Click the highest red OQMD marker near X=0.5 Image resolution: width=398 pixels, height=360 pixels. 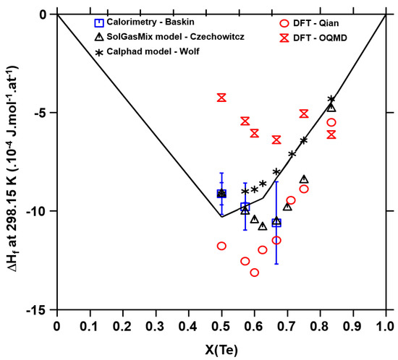[221, 98]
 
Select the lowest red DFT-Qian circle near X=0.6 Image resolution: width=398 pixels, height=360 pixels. [254, 273]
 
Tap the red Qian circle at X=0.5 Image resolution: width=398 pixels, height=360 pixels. [221, 246]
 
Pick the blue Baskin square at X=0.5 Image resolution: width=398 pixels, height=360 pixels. [221, 194]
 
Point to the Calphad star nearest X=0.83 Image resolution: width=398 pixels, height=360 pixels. [331, 99]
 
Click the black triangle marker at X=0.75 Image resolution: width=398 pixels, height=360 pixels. [304, 179]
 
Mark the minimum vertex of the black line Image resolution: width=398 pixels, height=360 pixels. [221, 217]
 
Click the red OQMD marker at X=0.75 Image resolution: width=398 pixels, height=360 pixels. [304, 113]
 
